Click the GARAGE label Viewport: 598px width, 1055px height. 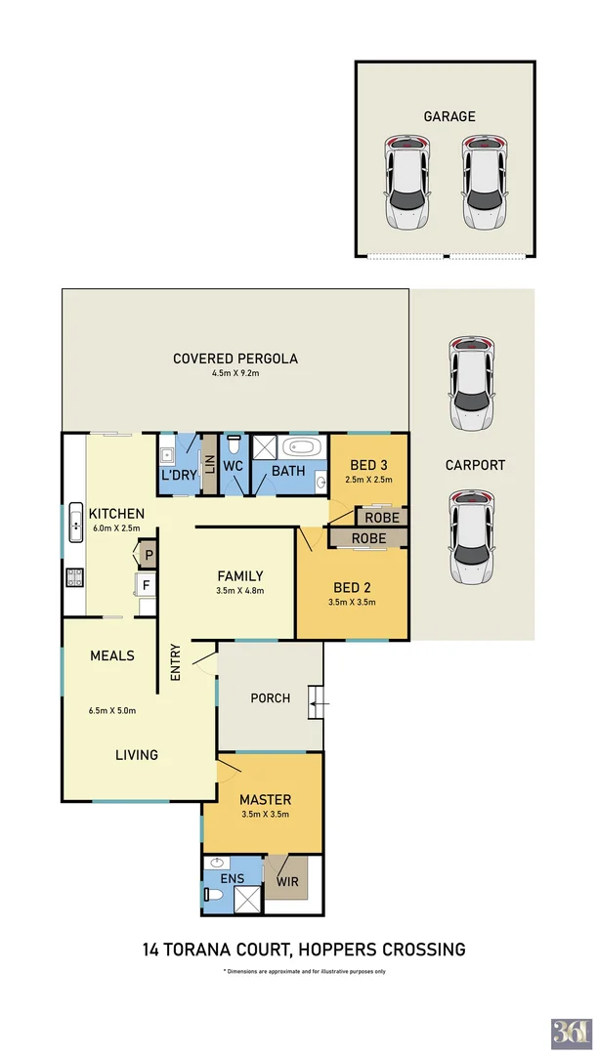click(449, 116)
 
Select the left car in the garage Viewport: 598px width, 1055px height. click(406, 182)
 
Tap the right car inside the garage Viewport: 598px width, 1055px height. click(486, 182)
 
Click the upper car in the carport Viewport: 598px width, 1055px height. click(471, 384)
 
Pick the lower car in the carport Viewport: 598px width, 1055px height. click(471, 536)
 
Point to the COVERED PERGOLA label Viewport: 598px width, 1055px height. click(235, 359)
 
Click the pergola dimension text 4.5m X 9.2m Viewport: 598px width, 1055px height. click(235, 374)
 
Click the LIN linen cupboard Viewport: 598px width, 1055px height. click(209, 464)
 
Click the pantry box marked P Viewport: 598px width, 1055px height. click(149, 557)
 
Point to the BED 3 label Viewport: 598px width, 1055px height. click(368, 464)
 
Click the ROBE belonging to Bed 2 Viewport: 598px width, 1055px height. click(367, 538)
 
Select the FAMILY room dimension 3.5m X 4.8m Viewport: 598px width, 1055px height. click(240, 590)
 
